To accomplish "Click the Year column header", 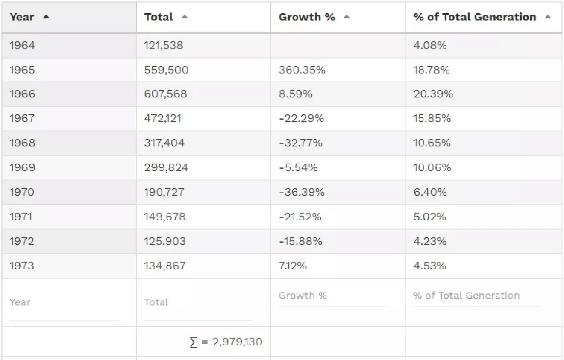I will tap(22, 17).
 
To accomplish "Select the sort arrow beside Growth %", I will tap(347, 17).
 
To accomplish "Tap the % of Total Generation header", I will tap(474, 17).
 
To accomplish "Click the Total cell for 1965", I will tap(166, 70).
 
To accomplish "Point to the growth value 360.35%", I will tap(302, 70).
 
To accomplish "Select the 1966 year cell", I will tap(22, 94).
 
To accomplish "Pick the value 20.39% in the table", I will tap(433, 94).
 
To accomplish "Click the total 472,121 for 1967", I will tap(162, 118).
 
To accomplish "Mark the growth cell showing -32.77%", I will tap(300, 143).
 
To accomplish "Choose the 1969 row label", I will tap(22, 167).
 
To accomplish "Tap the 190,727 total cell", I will tap(164, 192).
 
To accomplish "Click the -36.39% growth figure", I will tap(301, 192).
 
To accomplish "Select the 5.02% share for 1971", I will tap(429, 217).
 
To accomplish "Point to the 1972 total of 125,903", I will tap(164, 241).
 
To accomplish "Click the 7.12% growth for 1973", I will tap(292, 266).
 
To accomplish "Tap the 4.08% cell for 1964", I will tap(430, 45).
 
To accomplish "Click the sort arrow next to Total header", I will tap(184, 17).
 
